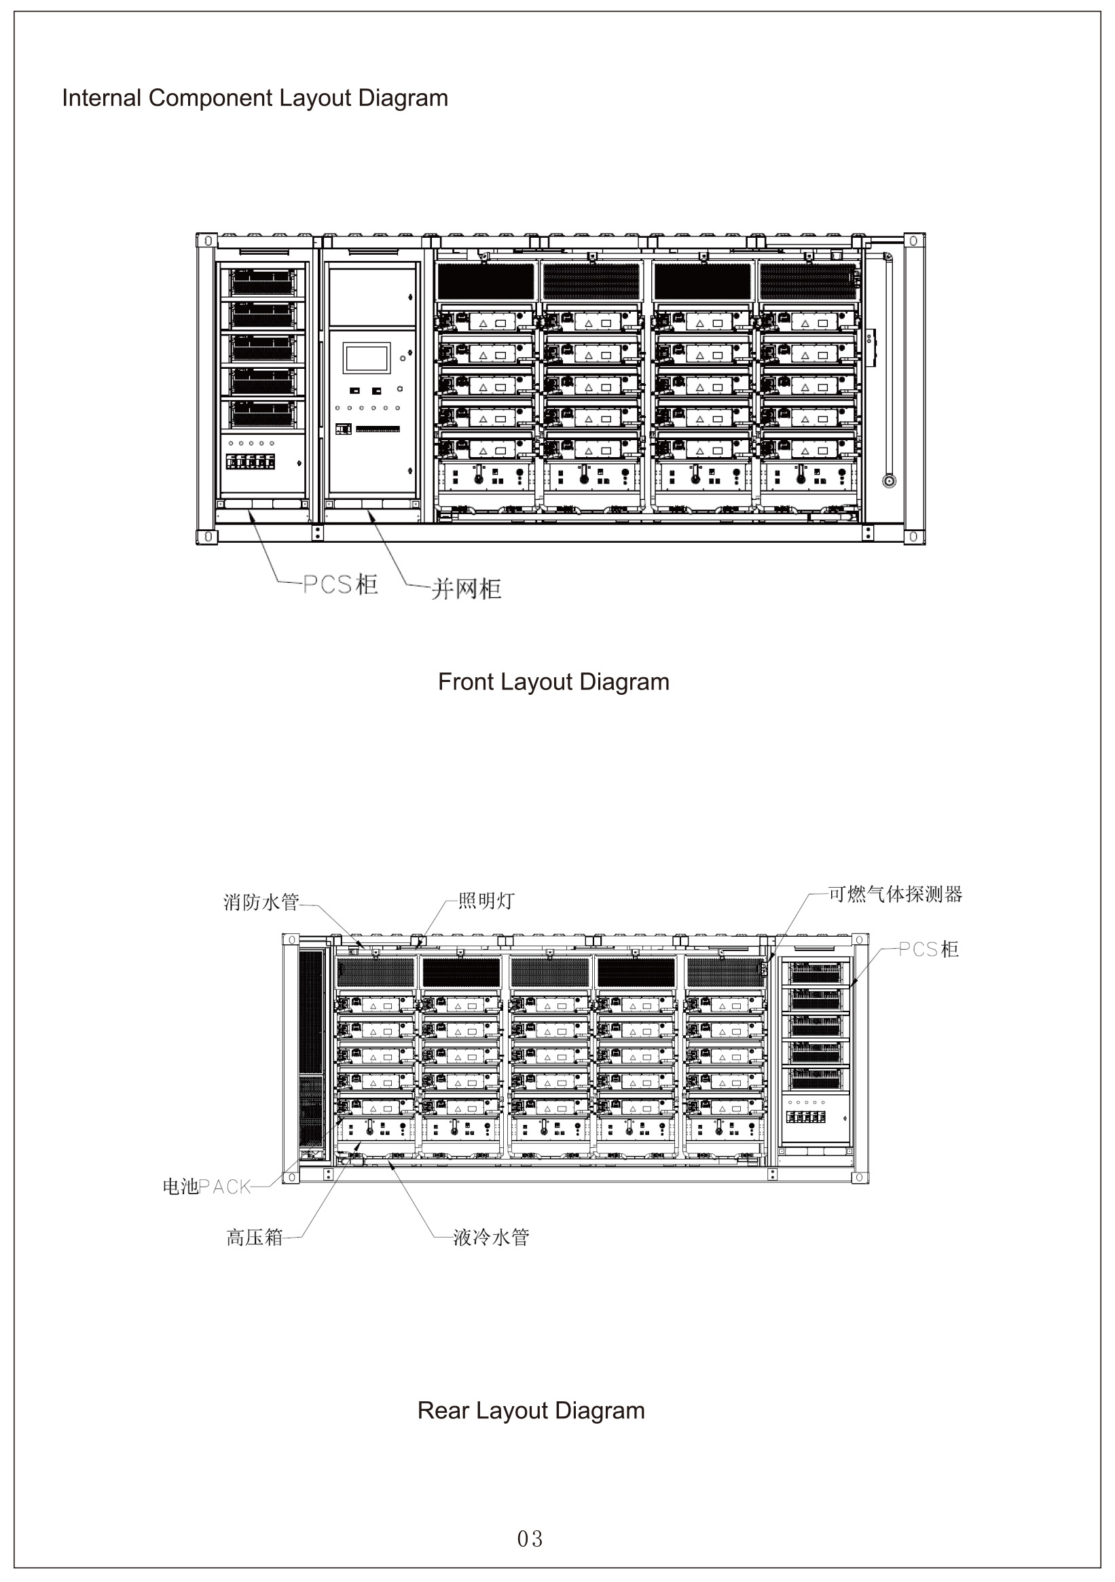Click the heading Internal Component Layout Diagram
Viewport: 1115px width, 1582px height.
(x=255, y=98)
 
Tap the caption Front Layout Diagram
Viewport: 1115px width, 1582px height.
(x=553, y=681)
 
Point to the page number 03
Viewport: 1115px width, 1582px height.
(x=530, y=1539)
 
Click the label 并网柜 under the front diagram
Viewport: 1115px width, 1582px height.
(x=467, y=589)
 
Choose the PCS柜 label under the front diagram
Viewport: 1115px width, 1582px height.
(x=340, y=584)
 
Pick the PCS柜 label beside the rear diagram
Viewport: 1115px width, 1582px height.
(x=928, y=949)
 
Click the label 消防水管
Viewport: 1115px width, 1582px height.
(x=261, y=902)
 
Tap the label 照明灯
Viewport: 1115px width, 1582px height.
(x=486, y=901)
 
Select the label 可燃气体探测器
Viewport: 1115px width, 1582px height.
(x=894, y=895)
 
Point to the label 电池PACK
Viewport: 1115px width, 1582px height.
(x=206, y=1187)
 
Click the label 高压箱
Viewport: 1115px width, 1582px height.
(x=255, y=1238)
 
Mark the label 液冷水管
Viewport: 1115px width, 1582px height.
(x=491, y=1238)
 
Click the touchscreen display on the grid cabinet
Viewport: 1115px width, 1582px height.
(x=367, y=358)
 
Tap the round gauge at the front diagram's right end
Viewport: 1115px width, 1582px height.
(x=889, y=481)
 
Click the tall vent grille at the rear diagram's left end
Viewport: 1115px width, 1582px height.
(x=310, y=1047)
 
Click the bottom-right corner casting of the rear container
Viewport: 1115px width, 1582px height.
(x=860, y=1178)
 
